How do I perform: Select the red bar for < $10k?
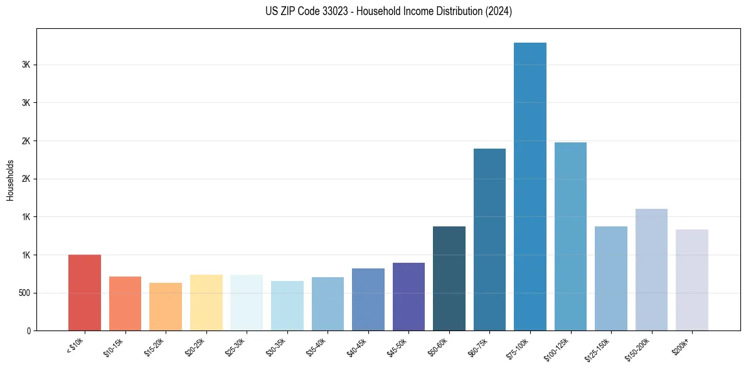[85, 293]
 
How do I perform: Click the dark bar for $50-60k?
[449, 278]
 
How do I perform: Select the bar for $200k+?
[692, 280]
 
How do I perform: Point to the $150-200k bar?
[651, 270]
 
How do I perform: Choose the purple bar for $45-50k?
[408, 297]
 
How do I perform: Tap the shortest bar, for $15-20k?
[166, 307]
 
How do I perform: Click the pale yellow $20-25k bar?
[206, 303]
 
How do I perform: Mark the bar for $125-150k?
[611, 278]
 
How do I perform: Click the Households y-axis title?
[10, 179]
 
